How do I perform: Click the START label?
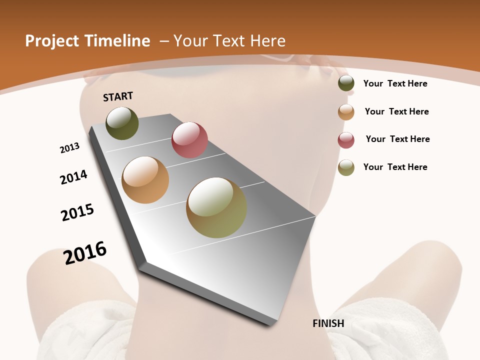[118, 96]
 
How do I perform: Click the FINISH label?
[328, 323]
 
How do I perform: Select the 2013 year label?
[69, 148]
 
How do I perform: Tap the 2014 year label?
[74, 177]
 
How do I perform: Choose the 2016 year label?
[85, 253]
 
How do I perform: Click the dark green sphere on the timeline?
[122, 123]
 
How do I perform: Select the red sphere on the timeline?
[189, 140]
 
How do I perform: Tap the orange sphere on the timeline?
[145, 180]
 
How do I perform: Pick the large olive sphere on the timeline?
[216, 207]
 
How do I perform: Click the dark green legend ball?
[346, 83]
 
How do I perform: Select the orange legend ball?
[346, 112]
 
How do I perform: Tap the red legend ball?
[346, 140]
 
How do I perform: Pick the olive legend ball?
[346, 167]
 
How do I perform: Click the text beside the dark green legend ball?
[395, 83]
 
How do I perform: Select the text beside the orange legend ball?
[396, 111]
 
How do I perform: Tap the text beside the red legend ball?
[397, 139]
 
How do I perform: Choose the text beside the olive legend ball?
[395, 167]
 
